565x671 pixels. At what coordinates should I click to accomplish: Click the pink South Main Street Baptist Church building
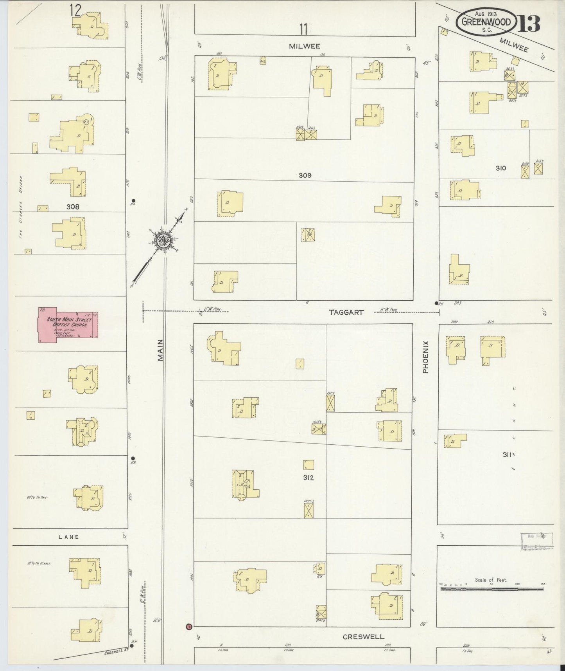click(x=68, y=325)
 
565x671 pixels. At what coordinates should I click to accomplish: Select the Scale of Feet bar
click(x=492, y=588)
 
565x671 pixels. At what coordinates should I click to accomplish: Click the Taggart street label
click(x=346, y=312)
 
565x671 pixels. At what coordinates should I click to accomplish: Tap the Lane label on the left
click(x=69, y=537)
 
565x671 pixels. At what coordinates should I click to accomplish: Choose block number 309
click(x=305, y=175)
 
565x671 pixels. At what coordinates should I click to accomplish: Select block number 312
click(x=308, y=478)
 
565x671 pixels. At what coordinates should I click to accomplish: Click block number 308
click(x=73, y=206)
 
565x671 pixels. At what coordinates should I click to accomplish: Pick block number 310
click(x=501, y=168)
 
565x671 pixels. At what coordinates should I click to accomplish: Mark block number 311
click(x=509, y=455)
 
